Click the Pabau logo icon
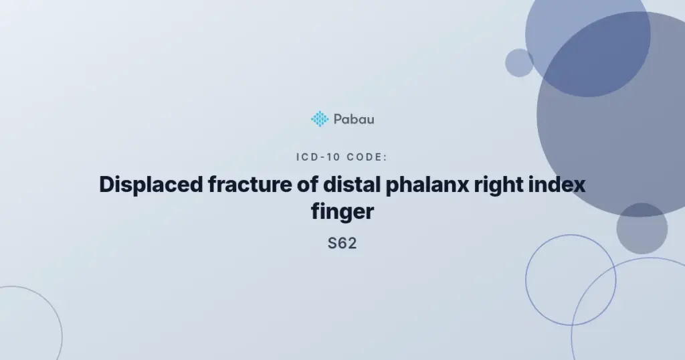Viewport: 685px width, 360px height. [x=320, y=119]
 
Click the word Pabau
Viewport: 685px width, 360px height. [x=354, y=119]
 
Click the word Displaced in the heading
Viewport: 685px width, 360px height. [x=151, y=185]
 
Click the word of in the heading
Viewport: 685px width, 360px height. [x=307, y=185]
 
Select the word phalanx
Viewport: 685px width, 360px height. [x=427, y=185]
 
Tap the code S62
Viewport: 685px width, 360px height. [x=342, y=243]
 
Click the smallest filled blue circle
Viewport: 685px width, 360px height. [x=519, y=63]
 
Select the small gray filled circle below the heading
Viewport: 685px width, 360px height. [x=642, y=228]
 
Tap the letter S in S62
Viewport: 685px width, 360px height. [x=332, y=243]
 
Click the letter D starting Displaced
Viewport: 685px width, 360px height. [x=107, y=185]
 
